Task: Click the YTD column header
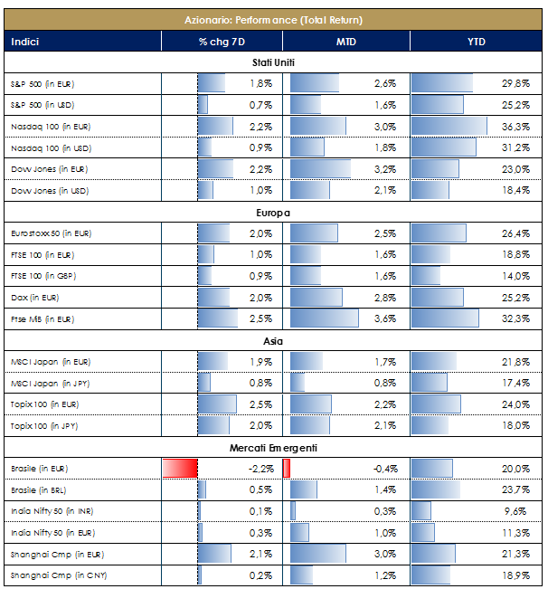[477, 42]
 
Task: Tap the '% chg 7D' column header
[222, 42]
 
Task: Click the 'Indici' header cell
[25, 42]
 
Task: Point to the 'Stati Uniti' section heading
[274, 62]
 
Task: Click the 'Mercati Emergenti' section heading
[274, 448]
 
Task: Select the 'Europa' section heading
[274, 213]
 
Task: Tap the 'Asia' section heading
[274, 341]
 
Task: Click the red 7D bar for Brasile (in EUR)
[180, 469]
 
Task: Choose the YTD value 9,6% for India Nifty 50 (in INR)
[518, 511]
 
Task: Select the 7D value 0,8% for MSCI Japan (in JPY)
[261, 384]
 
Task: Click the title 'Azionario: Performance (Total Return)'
[274, 18]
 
